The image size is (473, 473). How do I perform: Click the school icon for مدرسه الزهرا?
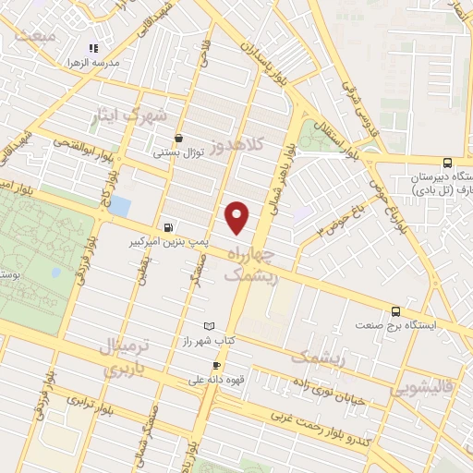[91, 48]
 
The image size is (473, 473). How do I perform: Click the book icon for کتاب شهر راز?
[209, 326]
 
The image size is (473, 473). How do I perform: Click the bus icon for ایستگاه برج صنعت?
[395, 311]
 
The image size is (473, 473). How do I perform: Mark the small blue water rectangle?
[118, 206]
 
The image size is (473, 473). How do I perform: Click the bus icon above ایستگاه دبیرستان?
[447, 161]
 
